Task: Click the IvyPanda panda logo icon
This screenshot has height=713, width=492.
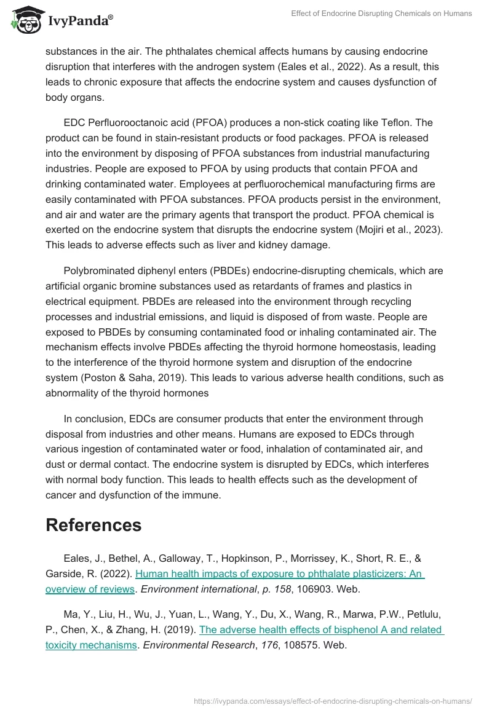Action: [x=24, y=21]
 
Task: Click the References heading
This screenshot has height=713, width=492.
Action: [x=93, y=525]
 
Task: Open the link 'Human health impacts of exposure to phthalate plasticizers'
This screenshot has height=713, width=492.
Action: [x=280, y=574]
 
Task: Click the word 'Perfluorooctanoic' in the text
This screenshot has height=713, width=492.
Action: [x=125, y=123]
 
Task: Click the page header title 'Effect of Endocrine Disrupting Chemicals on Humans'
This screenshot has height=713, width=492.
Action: [x=381, y=14]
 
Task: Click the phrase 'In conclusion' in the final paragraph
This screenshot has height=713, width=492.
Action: [x=94, y=419]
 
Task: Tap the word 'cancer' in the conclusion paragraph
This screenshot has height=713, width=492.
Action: [x=61, y=494]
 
